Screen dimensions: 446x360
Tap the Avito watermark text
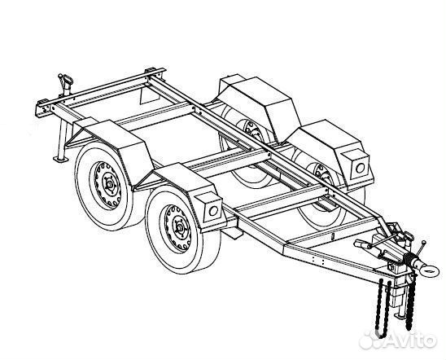(398, 340)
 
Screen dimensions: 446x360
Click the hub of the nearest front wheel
(180, 226)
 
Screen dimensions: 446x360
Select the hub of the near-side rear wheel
(110, 185)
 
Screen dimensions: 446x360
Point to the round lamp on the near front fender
(213, 211)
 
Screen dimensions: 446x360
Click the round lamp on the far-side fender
(360, 168)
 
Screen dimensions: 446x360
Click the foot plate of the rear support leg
(61, 159)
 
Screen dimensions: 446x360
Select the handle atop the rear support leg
(66, 80)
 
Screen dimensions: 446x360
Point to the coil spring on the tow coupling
(409, 258)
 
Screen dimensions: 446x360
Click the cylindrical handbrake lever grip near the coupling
(362, 244)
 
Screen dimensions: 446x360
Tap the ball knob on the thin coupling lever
(424, 243)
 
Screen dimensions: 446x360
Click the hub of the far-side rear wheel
(251, 129)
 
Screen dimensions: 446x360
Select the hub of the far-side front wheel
(321, 173)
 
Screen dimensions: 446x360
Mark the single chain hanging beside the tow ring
(410, 301)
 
